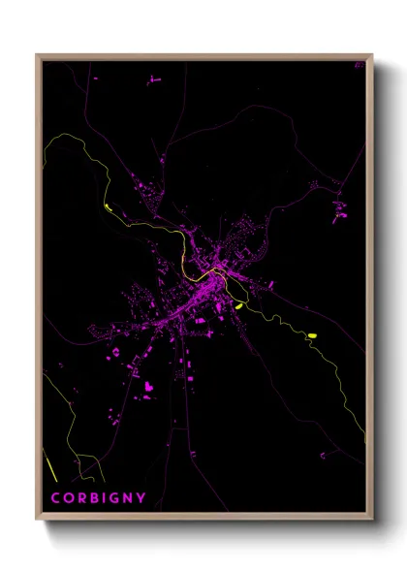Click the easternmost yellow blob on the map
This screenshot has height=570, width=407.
(x=312, y=335)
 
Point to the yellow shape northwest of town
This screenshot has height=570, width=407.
(x=109, y=206)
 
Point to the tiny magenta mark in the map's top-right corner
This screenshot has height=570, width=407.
(x=358, y=65)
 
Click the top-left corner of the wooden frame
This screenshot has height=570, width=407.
(x=38, y=55)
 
